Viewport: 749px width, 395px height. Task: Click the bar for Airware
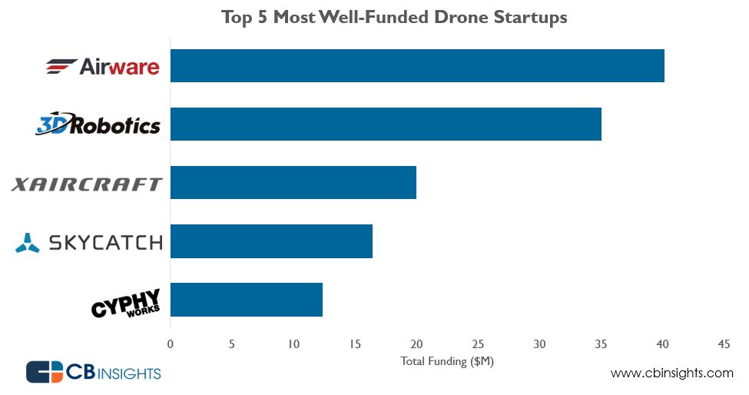pos(416,66)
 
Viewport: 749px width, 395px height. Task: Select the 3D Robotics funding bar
pos(385,124)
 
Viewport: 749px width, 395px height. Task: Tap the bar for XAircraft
pos(293,183)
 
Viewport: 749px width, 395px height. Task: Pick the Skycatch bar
pos(270,241)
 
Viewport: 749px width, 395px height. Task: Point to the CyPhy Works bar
pos(246,300)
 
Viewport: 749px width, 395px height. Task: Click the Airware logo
pos(102,67)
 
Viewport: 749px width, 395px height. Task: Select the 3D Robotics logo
pos(98,124)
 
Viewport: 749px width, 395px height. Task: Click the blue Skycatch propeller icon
pos(27,243)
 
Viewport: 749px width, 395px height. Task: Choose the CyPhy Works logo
pos(125,303)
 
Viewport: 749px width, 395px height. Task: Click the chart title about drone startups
pos(394,17)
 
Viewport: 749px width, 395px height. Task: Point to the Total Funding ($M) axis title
pos(446,361)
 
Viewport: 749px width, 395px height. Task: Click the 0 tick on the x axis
pos(170,344)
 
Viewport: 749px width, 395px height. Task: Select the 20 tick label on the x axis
pos(416,344)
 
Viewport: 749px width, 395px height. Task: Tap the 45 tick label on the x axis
pos(724,344)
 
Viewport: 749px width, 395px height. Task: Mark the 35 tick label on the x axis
pos(601,344)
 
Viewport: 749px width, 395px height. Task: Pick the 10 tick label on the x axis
pos(293,344)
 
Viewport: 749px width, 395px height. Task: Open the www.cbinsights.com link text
pos(671,373)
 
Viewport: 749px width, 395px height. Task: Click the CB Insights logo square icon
pos(43,373)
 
